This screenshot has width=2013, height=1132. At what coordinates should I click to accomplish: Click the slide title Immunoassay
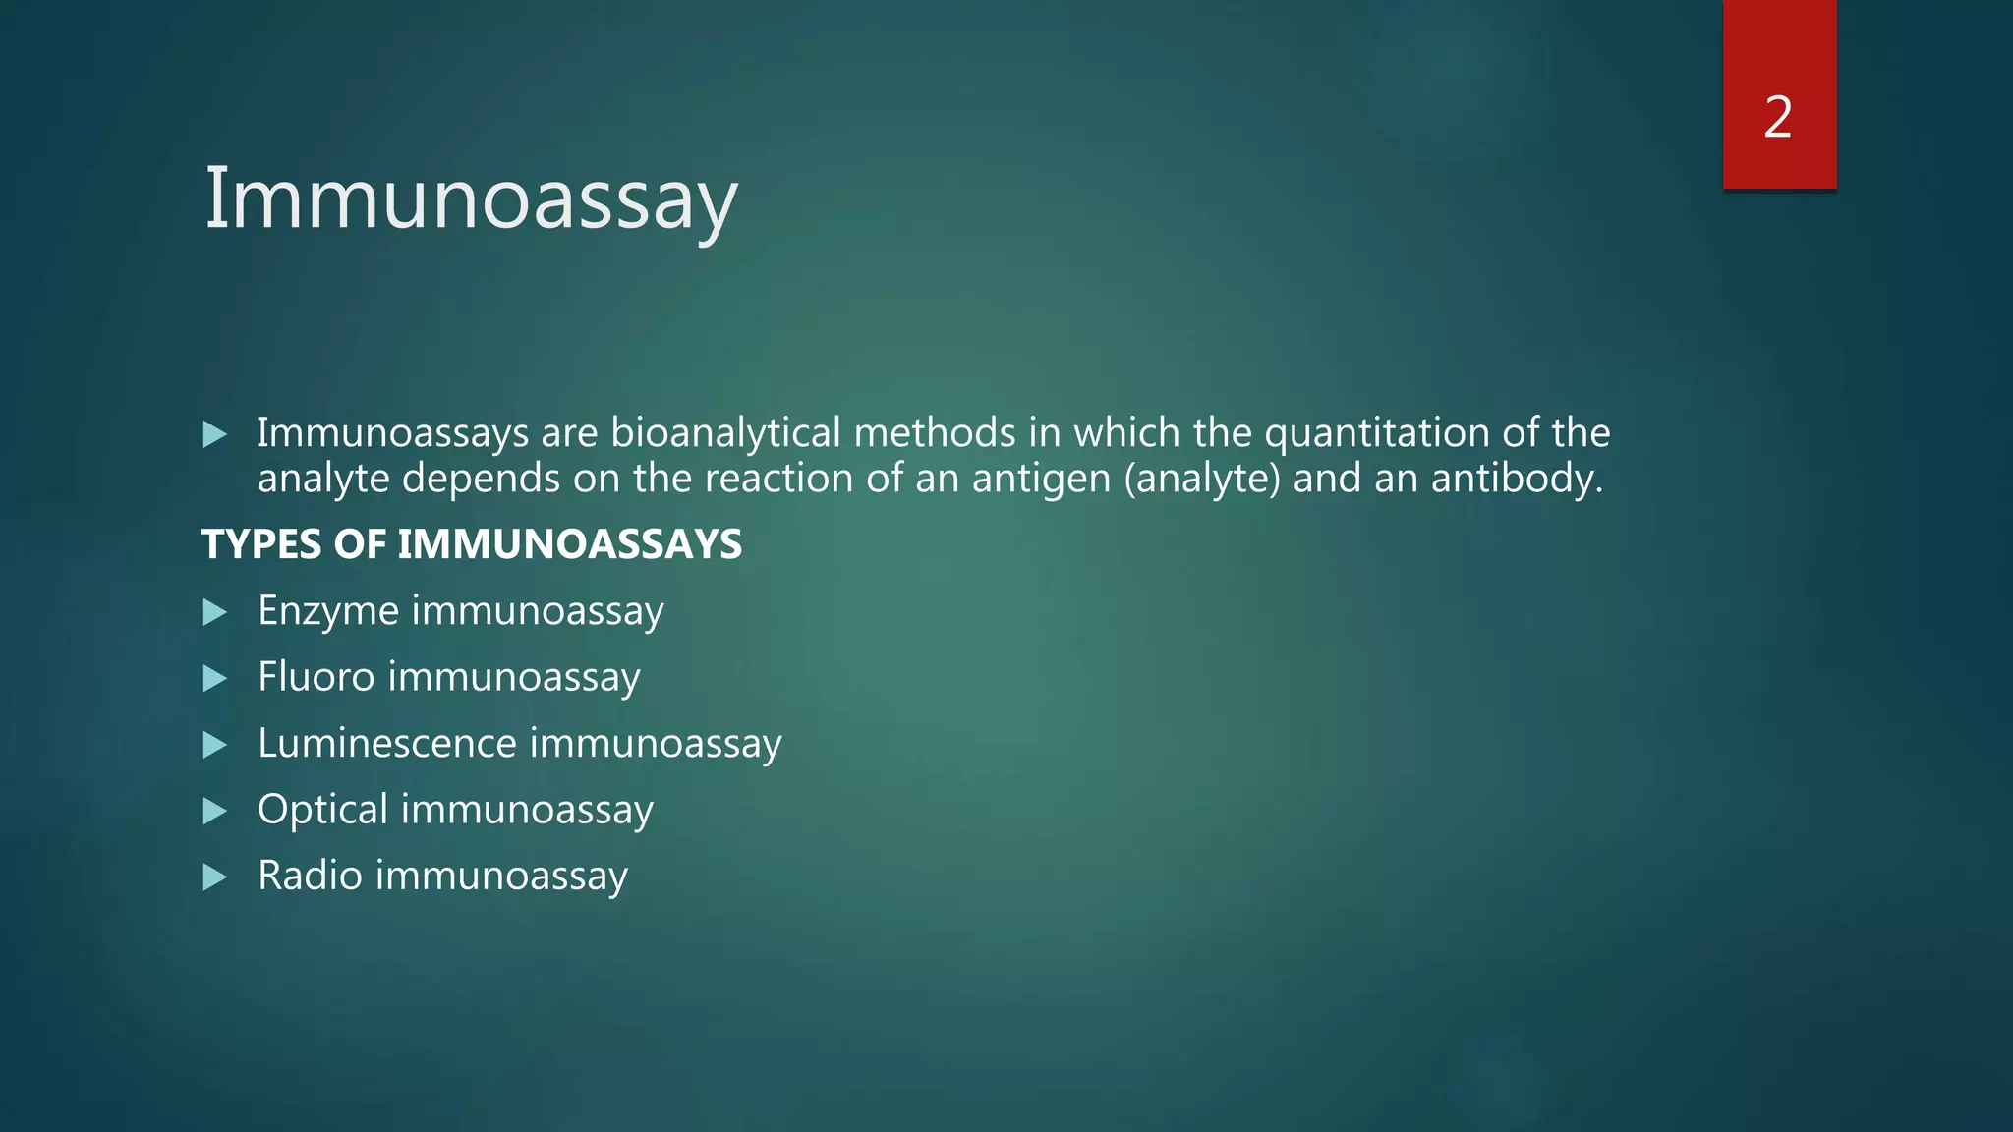[470, 199]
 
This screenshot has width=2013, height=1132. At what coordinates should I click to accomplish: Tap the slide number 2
[1778, 118]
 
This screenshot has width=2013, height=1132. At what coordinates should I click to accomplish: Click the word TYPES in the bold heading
[262, 544]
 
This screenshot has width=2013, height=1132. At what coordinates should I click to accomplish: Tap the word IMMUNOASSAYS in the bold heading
[569, 544]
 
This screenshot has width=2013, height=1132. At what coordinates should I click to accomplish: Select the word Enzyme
[328, 611]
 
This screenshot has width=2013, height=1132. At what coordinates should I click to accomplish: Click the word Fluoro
[316, 677]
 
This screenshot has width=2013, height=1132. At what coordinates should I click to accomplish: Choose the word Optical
[322, 810]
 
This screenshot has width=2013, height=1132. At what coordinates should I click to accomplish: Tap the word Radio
[310, 876]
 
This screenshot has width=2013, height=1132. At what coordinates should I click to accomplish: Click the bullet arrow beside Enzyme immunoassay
[214, 612]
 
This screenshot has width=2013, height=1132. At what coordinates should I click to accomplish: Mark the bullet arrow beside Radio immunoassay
[214, 877]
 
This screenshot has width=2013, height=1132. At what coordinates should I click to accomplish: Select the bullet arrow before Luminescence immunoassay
[214, 744]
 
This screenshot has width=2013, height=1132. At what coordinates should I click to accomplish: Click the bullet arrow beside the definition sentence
[214, 434]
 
